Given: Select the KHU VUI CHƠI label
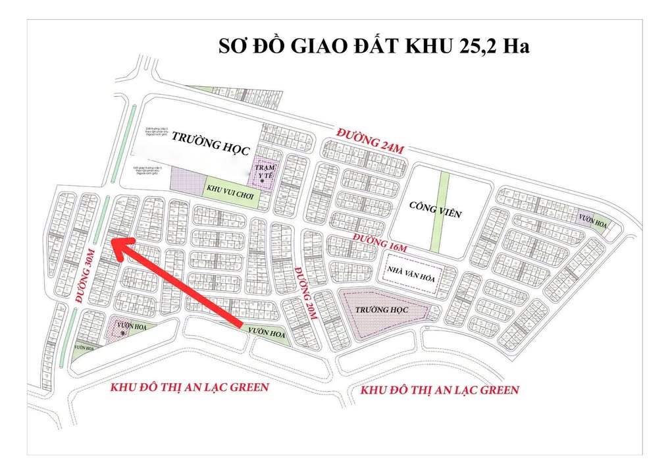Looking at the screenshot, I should click(230, 189).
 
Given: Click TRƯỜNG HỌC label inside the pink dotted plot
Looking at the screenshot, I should click(382, 309).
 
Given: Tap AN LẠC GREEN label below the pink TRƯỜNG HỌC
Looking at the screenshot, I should click(440, 390).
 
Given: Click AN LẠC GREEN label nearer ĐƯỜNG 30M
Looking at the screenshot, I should click(190, 386).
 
